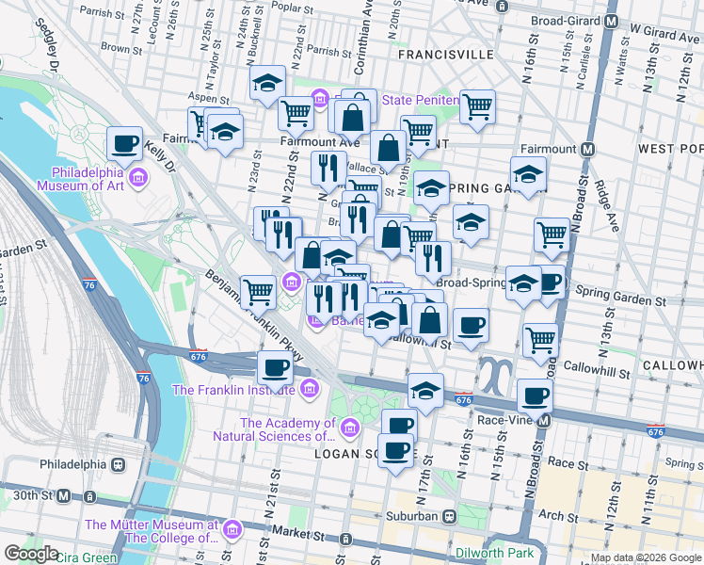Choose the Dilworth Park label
(x=497, y=554)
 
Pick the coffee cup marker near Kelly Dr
(x=124, y=145)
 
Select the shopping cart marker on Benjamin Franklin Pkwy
(x=258, y=292)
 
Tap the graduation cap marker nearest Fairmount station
(x=529, y=174)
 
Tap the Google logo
(x=31, y=554)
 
